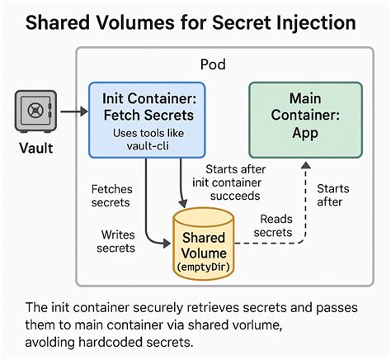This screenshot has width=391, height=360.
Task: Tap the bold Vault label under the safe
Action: coord(36,149)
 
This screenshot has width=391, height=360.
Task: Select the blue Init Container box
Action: coord(147,119)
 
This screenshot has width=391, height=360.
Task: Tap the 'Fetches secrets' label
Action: coord(111,196)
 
